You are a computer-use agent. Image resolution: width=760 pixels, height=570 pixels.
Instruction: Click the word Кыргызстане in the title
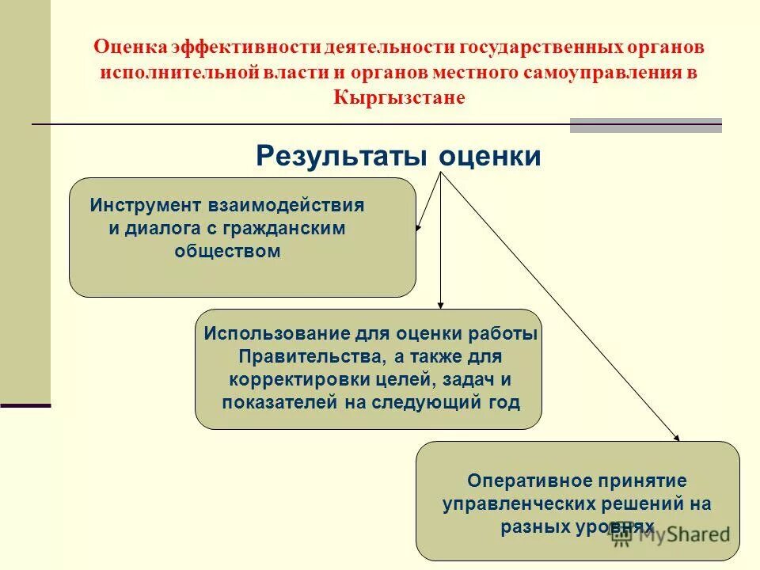tap(399, 97)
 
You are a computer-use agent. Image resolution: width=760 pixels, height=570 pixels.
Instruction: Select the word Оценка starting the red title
tap(131, 46)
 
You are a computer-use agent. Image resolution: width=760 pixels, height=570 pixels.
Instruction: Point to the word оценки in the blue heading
tap(490, 156)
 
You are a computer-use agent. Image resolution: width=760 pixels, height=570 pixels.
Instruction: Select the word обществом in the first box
tap(226, 251)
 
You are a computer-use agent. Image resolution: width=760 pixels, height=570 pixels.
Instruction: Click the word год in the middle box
tap(503, 403)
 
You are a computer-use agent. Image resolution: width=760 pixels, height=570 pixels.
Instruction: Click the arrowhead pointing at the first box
tap(419, 228)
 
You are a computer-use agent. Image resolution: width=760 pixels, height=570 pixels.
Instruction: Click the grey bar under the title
tap(645, 125)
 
